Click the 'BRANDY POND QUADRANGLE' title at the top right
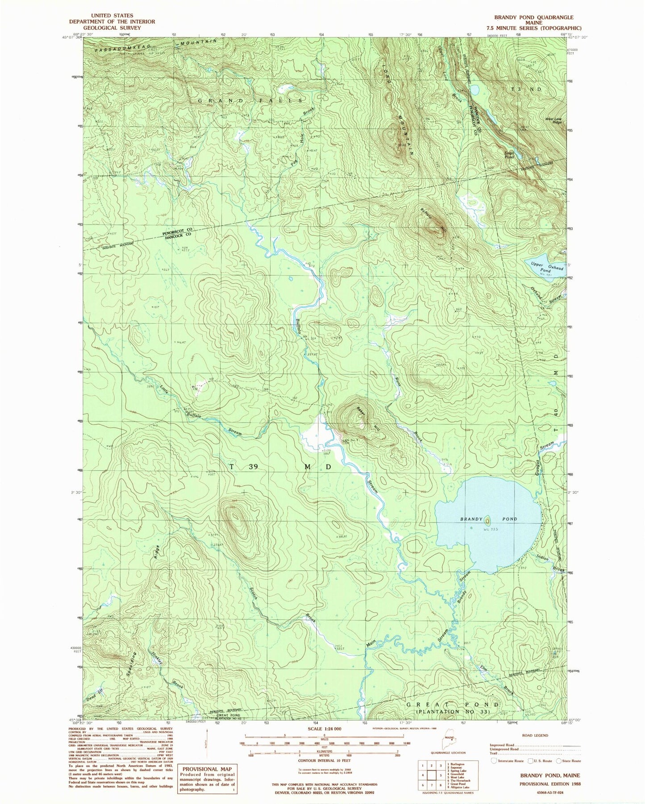pos(533,17)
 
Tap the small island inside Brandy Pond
pos(487,520)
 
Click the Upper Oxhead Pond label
pos(547,267)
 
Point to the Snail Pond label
pos(509,155)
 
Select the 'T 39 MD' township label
pos(280,467)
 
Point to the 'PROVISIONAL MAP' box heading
pos(207,769)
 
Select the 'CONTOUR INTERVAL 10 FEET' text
pos(324,760)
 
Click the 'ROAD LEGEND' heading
pos(535,735)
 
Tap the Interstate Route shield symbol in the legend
pos(494,761)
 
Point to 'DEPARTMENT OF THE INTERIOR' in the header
pos(112,21)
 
